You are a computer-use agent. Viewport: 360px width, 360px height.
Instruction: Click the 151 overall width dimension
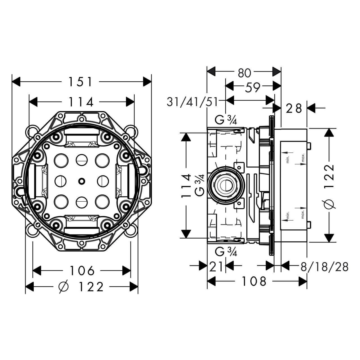coord(80,82)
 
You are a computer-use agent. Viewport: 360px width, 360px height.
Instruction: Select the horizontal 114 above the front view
coord(82,102)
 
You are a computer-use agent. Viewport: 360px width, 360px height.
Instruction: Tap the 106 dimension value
coord(82,271)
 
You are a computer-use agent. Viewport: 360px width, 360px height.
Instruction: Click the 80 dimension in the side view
coord(244,73)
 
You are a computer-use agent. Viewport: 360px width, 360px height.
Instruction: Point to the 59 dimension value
coord(252,87)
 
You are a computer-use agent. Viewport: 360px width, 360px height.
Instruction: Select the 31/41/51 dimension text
coord(192,102)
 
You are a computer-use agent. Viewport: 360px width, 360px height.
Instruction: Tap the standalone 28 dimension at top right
coord(294,108)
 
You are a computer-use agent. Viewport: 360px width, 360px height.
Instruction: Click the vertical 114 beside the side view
coord(186,186)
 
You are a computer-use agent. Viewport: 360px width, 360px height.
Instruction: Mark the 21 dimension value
coord(216,266)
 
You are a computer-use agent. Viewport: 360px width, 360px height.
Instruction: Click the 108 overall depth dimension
coord(254,281)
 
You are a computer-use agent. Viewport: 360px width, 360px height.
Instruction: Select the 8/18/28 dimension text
coord(324,266)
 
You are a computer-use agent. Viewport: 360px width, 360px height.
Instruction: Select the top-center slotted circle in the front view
coord(81,160)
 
